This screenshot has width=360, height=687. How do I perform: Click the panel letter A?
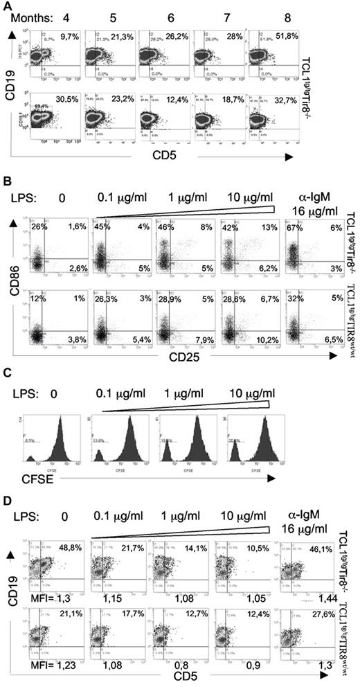pos(6,6)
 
